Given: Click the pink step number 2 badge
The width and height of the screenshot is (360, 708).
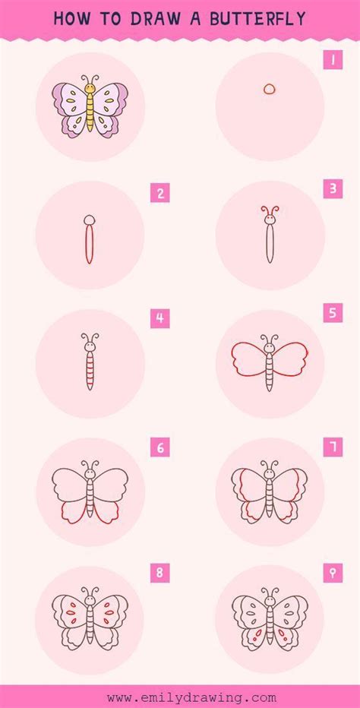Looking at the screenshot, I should tap(159, 193).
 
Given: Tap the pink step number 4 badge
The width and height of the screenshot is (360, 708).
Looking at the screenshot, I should tap(159, 318).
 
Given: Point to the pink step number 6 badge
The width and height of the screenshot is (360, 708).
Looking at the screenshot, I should tap(159, 447).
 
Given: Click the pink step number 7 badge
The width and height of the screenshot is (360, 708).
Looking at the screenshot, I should tap(333, 447).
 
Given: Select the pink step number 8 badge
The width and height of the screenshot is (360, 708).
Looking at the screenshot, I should tap(159, 572).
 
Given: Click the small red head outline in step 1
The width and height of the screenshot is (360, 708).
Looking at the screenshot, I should tap(270, 89).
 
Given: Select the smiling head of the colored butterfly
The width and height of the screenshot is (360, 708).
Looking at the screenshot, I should tap(90, 90).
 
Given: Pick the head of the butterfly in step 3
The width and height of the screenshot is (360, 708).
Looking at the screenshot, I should tap(270, 220).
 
